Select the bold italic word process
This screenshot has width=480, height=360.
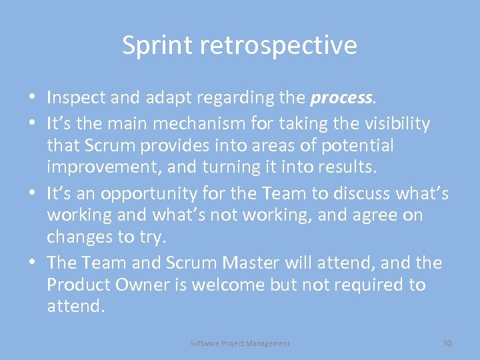coord(341,99)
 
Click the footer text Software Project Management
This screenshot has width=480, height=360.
coord(240,343)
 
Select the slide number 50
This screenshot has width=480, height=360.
coord(447,343)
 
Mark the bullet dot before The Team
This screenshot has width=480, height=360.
coord(33,263)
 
